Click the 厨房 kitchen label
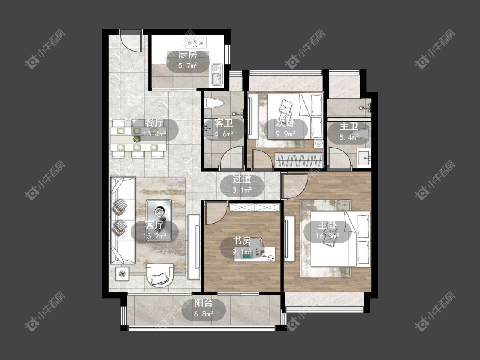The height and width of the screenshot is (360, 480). click(188, 55)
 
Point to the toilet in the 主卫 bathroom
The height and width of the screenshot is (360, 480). click(361, 134)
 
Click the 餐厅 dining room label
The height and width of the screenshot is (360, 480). click(154, 123)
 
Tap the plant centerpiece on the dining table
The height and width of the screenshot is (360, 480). click(137, 139)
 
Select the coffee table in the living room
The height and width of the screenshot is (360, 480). click(159, 220)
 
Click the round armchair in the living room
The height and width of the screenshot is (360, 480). click(160, 275)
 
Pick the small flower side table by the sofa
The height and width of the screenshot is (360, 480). click(122, 274)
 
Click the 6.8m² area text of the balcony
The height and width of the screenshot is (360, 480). click(204, 314)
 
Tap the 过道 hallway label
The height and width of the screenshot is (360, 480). click(242, 179)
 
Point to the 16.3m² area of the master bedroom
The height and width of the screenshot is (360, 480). click(327, 236)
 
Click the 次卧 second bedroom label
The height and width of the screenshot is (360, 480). click(285, 123)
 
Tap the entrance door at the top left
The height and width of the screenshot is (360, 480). click(131, 41)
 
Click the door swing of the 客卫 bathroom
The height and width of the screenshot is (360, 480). click(231, 159)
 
